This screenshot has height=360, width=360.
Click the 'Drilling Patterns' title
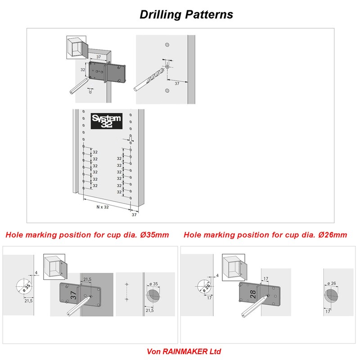(186, 14)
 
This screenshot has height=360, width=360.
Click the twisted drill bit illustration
(150, 79)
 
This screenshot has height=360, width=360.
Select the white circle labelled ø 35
(25, 286)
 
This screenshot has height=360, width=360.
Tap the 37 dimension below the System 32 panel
(134, 215)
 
